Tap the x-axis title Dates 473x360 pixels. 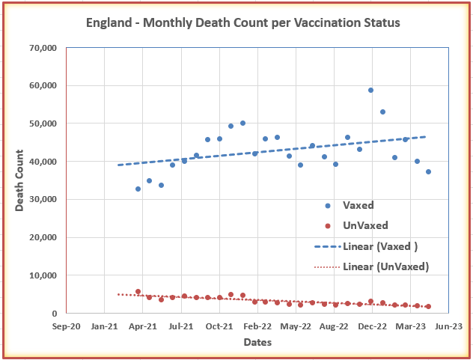click(x=257, y=342)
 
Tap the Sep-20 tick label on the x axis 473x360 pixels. click(x=67, y=326)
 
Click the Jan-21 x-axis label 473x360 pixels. click(x=105, y=326)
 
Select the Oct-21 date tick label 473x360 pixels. click(x=219, y=326)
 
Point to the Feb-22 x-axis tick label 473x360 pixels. click(x=257, y=326)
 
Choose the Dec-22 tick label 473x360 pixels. click(x=372, y=326)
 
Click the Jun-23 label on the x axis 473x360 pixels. click(x=448, y=326)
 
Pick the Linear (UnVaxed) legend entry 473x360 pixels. click(x=385, y=266)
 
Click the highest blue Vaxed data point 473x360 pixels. click(x=370, y=91)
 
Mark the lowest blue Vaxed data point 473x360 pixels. click(x=138, y=189)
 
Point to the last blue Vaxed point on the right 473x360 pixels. click(x=428, y=171)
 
